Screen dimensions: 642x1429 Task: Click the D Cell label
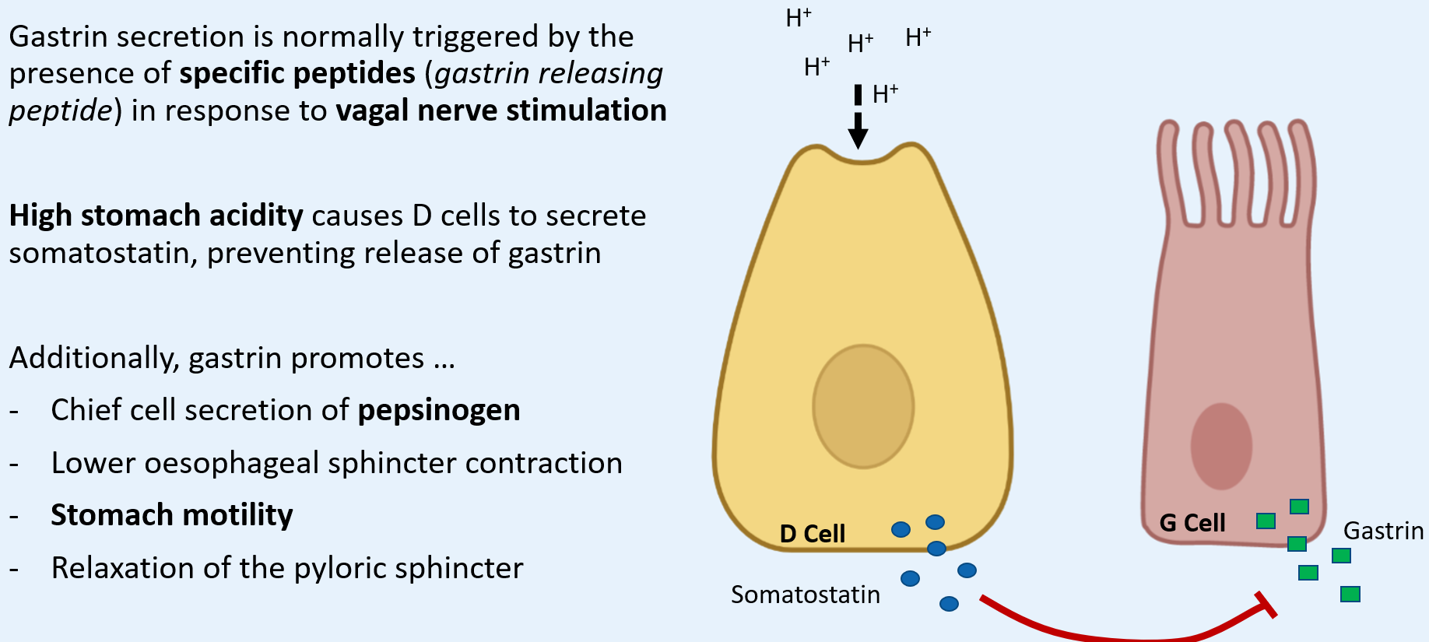tap(812, 534)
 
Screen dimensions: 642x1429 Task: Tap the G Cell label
tap(1192, 523)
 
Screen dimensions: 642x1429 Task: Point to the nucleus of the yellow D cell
tap(863, 406)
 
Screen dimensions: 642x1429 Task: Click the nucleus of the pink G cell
tap(1221, 446)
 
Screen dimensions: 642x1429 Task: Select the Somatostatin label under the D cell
tap(805, 595)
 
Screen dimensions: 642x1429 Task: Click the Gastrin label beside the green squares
tap(1383, 531)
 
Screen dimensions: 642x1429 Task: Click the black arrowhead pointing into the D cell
tap(858, 134)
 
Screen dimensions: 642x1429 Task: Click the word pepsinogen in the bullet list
tap(438, 410)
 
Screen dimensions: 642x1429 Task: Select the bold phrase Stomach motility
tap(171, 515)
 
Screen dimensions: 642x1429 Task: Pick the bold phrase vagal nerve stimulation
tap(501, 111)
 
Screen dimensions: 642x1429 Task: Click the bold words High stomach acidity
tap(156, 216)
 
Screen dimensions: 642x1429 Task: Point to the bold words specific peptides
tap(297, 73)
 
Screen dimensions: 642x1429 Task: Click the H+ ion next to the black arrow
tap(885, 94)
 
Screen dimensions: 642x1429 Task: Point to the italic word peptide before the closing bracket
tap(61, 111)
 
